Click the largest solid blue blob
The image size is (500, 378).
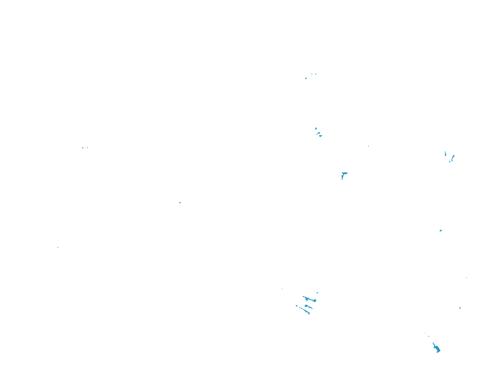coord(437,349)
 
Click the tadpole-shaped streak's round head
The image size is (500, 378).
coord(306,306)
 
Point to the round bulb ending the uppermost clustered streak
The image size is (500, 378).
coord(315,301)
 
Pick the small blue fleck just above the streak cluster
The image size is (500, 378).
coord(317,292)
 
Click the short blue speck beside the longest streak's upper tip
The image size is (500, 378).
coord(296,306)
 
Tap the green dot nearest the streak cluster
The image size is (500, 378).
coord(282,289)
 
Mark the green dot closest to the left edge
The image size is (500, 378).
coord(58,247)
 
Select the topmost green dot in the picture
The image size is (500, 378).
coord(368,146)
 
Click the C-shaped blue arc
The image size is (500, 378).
coord(320,135)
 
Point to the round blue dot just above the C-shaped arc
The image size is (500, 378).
coord(316,129)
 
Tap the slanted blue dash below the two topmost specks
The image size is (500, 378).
coord(306,78)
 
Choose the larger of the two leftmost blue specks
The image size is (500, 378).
coord(83,148)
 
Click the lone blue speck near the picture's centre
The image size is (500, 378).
coord(180,203)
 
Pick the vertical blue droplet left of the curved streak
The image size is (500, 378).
coord(445,154)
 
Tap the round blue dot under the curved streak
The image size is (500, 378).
coord(450,162)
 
